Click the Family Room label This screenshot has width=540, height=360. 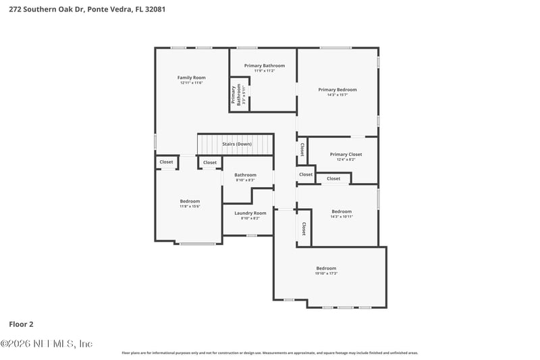pyautogui.click(x=191, y=78)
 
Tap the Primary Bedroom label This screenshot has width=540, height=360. pyautogui.click(x=337, y=90)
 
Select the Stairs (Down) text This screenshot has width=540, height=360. pyautogui.click(x=237, y=144)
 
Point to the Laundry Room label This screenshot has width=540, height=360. pyautogui.click(x=250, y=213)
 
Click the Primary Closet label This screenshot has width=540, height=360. pyautogui.click(x=346, y=155)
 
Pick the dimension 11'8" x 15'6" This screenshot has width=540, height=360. pyautogui.click(x=190, y=206)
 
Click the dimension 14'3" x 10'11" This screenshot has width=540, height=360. pyautogui.click(x=342, y=216)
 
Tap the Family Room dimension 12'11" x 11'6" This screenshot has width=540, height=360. pyautogui.click(x=191, y=83)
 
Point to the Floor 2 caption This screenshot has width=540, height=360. pyautogui.click(x=21, y=324)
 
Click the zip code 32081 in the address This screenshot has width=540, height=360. pyautogui.click(x=153, y=9)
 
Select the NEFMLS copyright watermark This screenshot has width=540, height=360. pyautogui.click(x=46, y=343)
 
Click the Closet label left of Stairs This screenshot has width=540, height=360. pyautogui.click(x=166, y=162)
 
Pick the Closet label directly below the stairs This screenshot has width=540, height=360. pyautogui.click(x=210, y=163)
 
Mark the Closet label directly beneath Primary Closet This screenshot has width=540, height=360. pyautogui.click(x=333, y=179)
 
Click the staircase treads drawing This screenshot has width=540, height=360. pyautogui.click(x=235, y=145)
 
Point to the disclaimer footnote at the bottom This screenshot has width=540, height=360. pyautogui.click(x=269, y=353)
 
